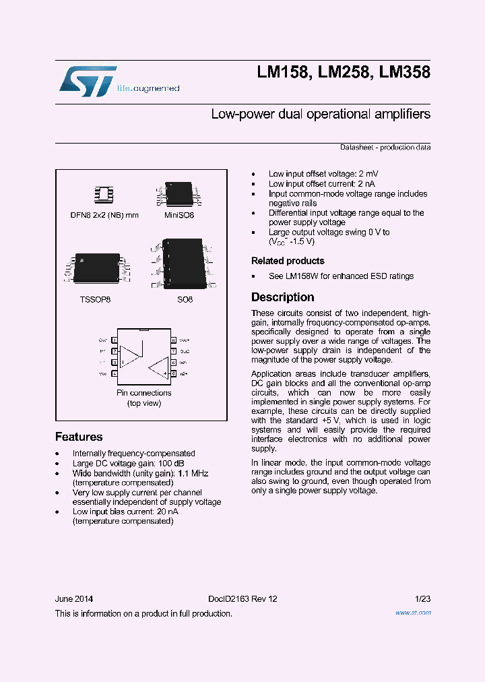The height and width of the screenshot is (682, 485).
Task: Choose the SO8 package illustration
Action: tap(180, 265)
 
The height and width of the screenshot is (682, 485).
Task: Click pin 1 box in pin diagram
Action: tap(115, 340)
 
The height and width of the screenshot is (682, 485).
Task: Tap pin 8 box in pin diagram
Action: tap(173, 340)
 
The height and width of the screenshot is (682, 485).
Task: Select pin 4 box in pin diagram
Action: tap(115, 373)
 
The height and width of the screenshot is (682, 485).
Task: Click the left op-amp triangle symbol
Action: tap(132, 351)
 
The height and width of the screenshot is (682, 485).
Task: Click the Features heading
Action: tap(79, 437)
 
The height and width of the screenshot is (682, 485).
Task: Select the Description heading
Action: tap(282, 297)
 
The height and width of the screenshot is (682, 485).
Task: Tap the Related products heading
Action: tap(288, 261)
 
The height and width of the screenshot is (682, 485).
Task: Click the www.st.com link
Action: tap(412, 613)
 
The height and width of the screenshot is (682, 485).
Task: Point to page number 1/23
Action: tap(422, 599)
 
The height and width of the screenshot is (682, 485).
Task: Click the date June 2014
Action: tap(74, 599)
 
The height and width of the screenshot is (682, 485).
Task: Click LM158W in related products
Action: tap(300, 276)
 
